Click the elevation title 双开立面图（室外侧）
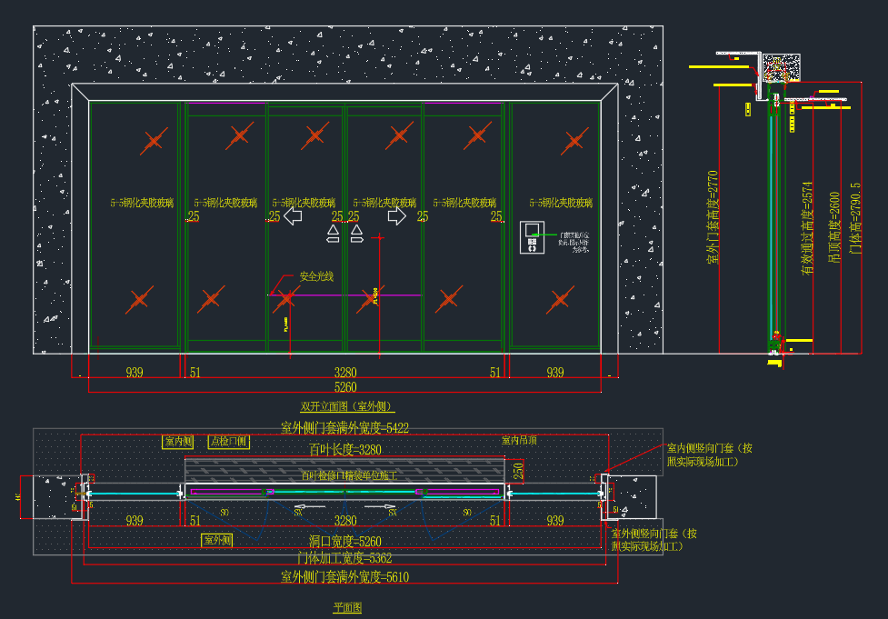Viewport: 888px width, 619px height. pos(347,406)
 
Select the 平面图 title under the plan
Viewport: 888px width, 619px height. pos(347,607)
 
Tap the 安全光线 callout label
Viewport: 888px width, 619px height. pos(316,276)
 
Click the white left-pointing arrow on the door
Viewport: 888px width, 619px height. pos(293,217)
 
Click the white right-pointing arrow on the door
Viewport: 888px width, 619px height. pos(397,217)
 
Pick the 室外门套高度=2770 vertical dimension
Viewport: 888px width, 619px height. pos(713,217)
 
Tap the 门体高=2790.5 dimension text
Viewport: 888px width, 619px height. pos(854,218)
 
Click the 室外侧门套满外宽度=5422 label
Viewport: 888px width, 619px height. pos(344,427)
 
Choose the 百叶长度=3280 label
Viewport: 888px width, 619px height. pos(344,449)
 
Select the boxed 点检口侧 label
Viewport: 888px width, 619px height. pos(227,442)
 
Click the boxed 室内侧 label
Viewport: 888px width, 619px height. pos(178,442)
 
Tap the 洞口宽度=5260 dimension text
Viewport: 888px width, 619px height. pos(344,542)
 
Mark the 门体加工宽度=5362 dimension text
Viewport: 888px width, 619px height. pos(344,558)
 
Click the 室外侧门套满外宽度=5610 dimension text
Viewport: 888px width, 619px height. pos(344,576)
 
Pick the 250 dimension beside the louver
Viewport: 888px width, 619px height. pos(518,471)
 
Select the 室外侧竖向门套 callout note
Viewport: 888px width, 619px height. pos(654,540)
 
